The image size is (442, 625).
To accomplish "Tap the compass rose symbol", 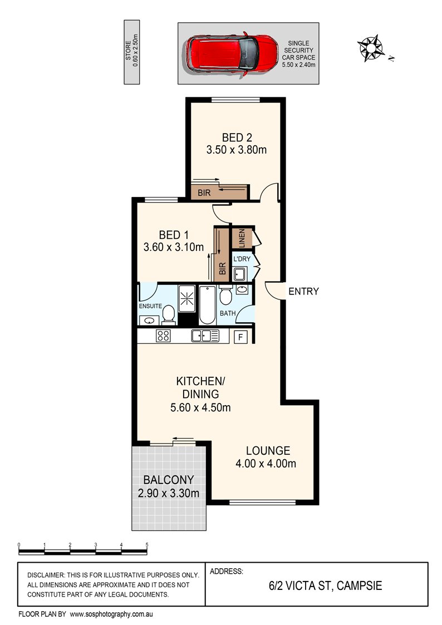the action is (x=371, y=48).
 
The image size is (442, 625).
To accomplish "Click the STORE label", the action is (x=129, y=51).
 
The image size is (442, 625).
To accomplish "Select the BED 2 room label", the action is (x=237, y=137).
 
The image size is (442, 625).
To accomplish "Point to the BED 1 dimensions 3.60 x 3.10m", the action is (x=174, y=247).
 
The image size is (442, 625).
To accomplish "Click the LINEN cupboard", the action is (x=242, y=238).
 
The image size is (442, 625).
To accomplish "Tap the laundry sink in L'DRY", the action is (x=239, y=274).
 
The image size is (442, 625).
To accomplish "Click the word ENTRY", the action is (x=304, y=292).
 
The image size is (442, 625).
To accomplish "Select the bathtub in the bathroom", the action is (x=207, y=305).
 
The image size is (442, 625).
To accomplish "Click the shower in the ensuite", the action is (x=186, y=298).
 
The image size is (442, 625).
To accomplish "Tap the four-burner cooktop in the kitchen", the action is (x=164, y=336).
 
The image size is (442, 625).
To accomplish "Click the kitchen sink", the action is (x=205, y=336).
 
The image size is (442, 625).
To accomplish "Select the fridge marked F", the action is (x=240, y=337).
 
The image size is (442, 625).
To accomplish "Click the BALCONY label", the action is (x=169, y=480).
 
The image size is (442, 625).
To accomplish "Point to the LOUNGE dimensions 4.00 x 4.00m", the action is (x=266, y=464).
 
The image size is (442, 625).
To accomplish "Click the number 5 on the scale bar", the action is (x=147, y=544).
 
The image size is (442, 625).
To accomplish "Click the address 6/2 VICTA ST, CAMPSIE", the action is (x=325, y=585).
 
